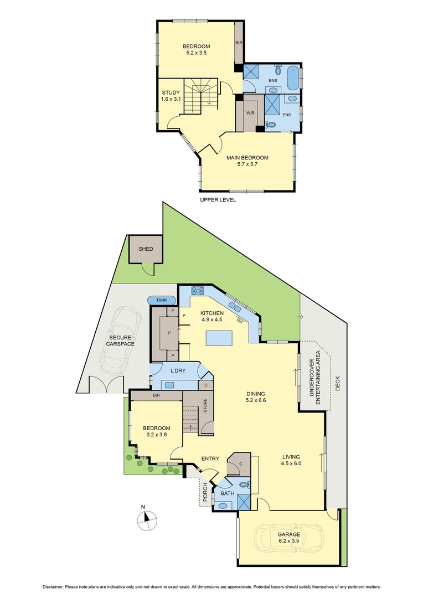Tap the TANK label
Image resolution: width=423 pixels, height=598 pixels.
pos(161,300)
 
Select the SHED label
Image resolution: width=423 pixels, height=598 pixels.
pos(146,249)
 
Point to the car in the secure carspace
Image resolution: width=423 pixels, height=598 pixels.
pos(118,342)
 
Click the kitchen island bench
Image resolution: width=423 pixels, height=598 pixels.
pos(219,337)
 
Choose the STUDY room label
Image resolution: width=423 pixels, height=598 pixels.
pos(171,92)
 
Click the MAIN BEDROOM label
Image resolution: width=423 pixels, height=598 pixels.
pos(247,158)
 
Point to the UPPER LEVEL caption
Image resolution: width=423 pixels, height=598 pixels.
pos(218,200)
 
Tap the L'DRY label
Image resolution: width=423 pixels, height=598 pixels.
pos(177,370)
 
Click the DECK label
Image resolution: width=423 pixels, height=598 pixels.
pos(338,384)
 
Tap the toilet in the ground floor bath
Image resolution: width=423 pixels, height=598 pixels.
pos(248,485)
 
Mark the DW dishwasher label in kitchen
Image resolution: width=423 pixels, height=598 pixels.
pos(239,321)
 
